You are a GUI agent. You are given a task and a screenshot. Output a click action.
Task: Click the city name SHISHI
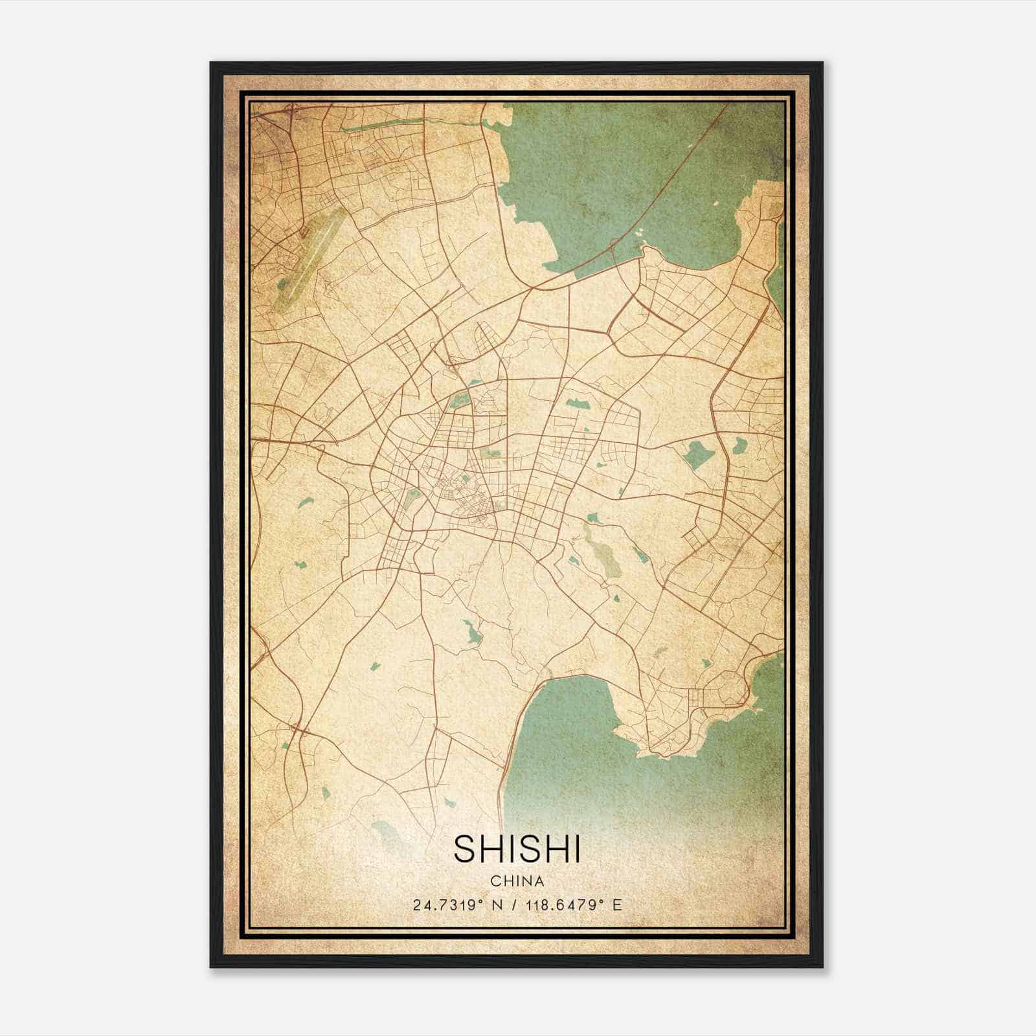(x=517, y=849)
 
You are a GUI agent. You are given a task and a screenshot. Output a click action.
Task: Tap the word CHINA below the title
(x=517, y=881)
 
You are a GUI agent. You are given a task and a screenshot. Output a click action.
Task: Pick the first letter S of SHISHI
(x=464, y=849)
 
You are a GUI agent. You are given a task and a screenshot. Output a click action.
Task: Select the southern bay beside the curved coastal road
(x=570, y=732)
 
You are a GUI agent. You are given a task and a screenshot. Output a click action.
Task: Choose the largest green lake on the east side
(x=699, y=454)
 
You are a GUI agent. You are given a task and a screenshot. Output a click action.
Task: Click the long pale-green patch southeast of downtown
(x=602, y=550)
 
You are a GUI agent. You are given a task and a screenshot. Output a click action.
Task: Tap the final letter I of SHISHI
(x=577, y=849)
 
